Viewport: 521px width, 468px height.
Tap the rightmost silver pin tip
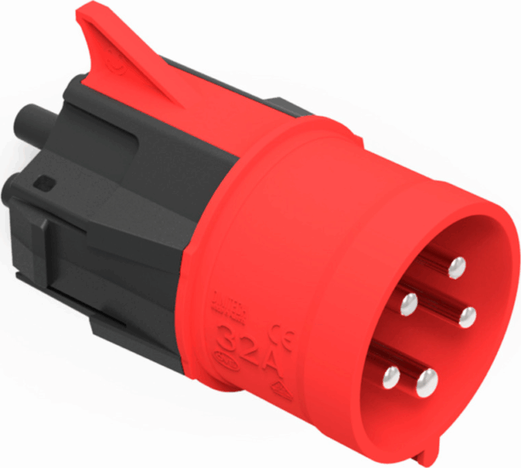(467, 317)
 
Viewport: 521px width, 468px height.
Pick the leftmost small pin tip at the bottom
(391, 374)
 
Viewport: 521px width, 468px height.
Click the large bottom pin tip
(426, 379)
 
